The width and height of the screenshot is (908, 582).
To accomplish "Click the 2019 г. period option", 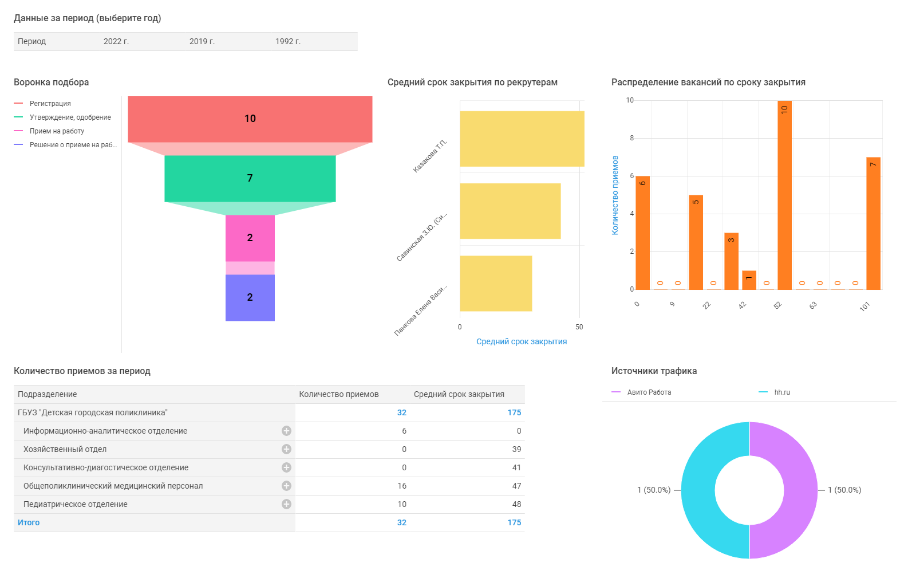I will pos(202,41).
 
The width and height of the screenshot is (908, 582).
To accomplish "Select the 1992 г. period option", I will pos(287,41).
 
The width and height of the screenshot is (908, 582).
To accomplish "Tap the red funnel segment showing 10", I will pos(250,119).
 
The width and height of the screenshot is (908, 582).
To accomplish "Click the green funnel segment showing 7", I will pos(250,178).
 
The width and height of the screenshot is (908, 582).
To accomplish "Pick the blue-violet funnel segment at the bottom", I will pos(250,297).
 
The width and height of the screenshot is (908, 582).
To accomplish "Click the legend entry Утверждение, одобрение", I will pos(70,117).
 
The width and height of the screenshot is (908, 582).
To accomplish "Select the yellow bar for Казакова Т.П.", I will pos(522,139).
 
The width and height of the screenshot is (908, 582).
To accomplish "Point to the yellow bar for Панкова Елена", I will pos(496,283).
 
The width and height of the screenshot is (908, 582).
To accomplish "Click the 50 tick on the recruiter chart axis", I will pos(579,327).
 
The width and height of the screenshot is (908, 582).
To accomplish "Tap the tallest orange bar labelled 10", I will pos(784,195).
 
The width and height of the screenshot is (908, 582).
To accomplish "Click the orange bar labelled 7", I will pos(873,223).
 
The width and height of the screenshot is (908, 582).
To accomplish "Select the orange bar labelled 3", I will pos(731,261).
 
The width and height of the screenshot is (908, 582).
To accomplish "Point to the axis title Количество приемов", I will pos(615,195).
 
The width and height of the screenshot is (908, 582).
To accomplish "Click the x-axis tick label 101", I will pos(864,306).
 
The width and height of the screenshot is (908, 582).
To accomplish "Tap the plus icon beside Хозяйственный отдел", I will pos(286,449).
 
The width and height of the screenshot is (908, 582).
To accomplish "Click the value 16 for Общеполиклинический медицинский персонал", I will pos(402,486).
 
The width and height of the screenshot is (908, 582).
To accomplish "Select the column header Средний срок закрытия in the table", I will pos(459,394).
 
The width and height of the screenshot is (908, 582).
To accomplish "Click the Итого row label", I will pos(29,522).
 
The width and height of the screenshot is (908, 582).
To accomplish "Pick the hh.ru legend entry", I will pos(781,392).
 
